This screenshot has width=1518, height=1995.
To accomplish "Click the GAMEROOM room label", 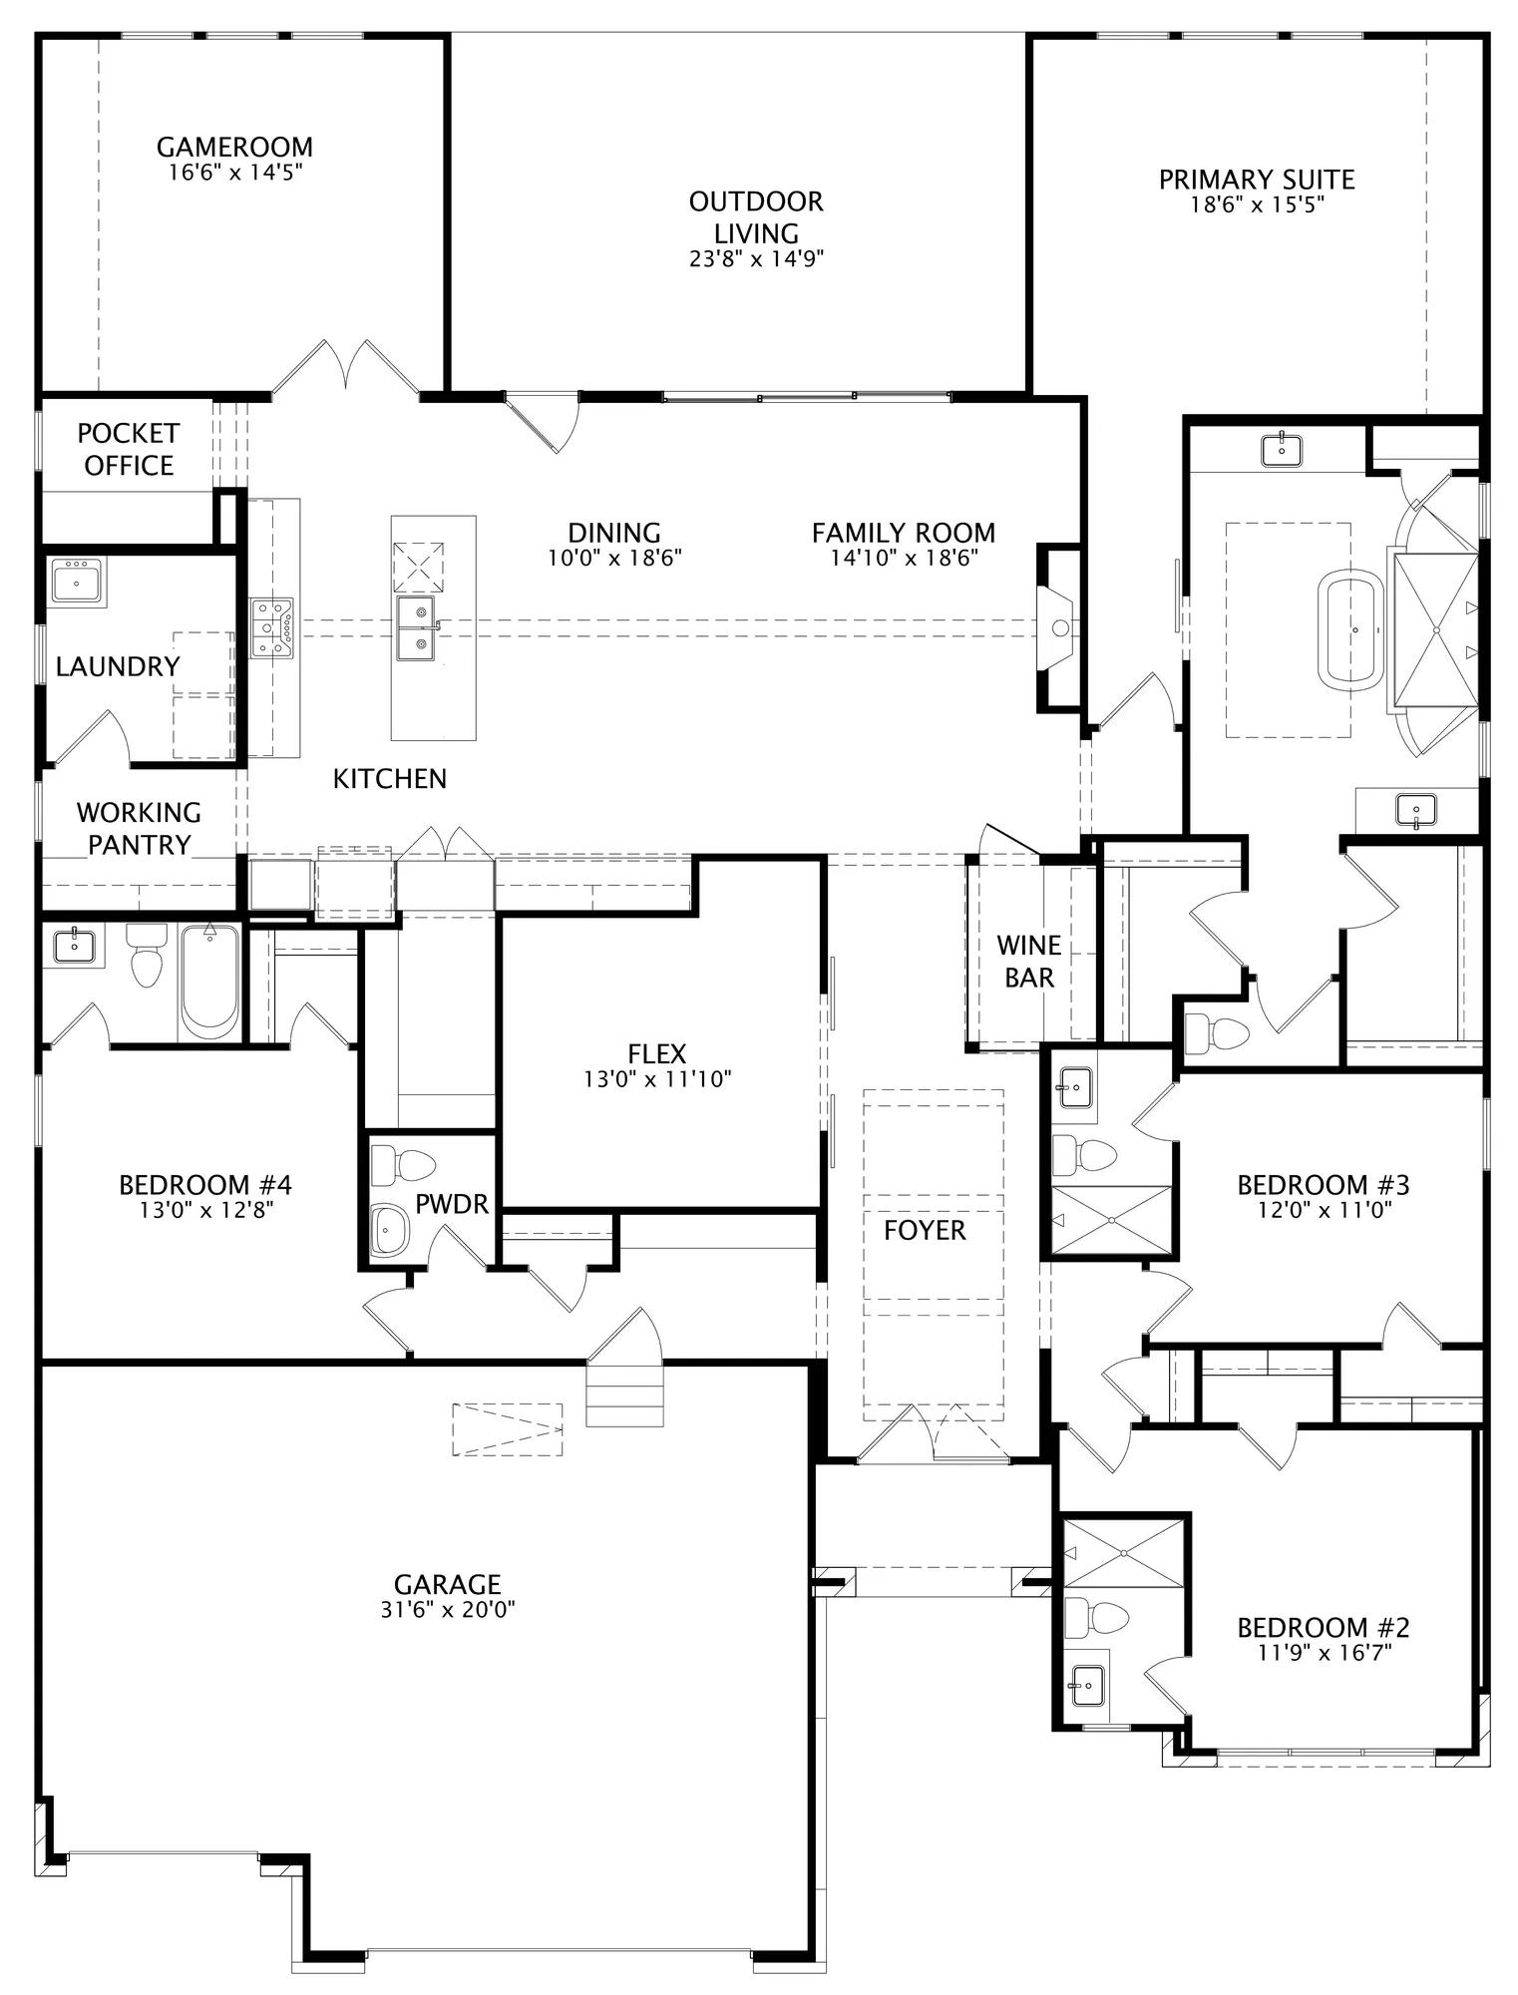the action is click(234, 147).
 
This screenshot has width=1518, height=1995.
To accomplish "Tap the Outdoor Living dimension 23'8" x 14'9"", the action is click(756, 259).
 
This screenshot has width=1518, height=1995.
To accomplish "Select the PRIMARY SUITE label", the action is click(1257, 180).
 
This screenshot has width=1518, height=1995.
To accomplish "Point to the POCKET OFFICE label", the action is click(129, 449).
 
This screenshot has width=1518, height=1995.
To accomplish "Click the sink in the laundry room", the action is click(77, 580).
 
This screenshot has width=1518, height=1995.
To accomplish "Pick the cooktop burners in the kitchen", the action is click(271, 627).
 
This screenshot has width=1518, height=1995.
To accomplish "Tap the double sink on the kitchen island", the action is click(417, 628).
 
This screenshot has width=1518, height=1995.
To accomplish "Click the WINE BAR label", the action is click(1029, 961).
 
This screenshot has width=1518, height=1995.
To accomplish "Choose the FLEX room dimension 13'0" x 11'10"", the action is click(657, 1078).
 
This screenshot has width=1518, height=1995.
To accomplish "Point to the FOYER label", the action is click(925, 1230).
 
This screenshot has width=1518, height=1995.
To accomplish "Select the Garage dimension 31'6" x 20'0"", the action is click(447, 1609).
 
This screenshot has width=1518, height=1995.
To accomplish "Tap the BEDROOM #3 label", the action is click(1323, 1184).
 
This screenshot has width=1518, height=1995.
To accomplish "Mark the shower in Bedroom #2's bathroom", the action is click(1125, 1553).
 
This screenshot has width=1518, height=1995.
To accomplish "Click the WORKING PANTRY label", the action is click(139, 828).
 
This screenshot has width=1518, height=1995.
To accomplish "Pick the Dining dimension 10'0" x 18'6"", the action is click(614, 558).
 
